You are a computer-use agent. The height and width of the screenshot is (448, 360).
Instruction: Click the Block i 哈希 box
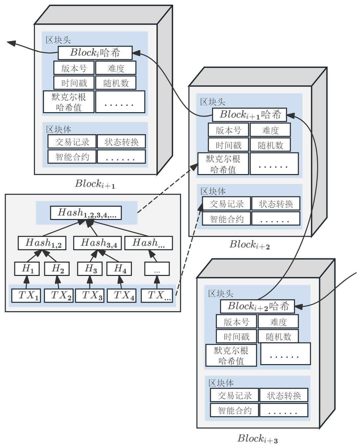coord(95,53)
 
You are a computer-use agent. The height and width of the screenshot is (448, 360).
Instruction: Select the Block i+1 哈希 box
coord(249,115)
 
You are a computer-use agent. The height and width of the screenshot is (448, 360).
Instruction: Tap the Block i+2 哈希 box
coord(257,306)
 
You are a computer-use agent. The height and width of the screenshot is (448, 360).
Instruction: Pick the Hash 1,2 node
coord(42,243)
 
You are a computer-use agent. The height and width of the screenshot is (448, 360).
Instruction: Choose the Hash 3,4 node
coord(95,243)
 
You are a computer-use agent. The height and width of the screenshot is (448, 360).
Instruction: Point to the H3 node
coord(90,269)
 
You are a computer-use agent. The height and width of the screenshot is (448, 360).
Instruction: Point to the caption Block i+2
coord(249,245)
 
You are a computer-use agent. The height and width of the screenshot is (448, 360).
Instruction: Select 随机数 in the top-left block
coord(116,83)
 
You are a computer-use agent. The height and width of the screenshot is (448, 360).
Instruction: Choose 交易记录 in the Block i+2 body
coord(226,203)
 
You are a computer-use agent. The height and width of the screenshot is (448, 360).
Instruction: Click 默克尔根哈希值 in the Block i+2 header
coord(223,164)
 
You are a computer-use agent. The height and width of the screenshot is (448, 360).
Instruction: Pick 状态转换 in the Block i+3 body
coord(284,395)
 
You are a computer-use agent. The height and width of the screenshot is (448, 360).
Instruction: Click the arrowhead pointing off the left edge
coord(11,43)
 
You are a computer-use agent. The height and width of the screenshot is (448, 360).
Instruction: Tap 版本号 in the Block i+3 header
coord(236,322)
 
